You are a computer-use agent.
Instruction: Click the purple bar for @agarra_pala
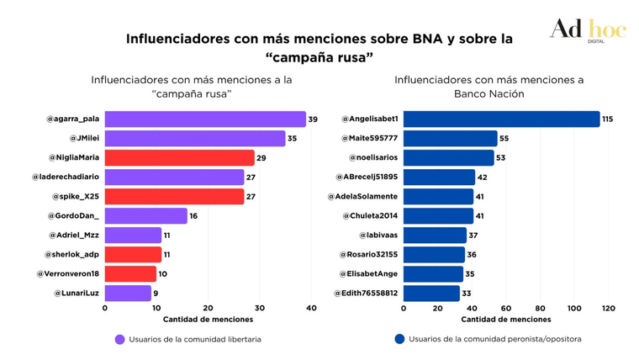click(205, 119)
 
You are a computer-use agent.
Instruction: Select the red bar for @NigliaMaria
click(179, 157)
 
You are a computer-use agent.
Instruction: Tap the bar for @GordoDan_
click(145, 216)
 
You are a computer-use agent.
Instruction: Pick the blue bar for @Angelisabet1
click(501, 119)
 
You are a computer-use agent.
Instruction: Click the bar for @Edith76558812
click(431, 294)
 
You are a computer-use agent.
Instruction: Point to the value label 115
click(607, 119)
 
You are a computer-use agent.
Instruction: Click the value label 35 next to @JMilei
click(293, 139)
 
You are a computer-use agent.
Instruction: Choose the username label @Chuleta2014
click(370, 216)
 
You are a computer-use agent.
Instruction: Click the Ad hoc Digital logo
click(588, 30)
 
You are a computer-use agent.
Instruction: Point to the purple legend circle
click(120, 340)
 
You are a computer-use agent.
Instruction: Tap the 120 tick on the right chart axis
click(609, 308)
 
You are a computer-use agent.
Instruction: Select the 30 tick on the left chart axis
click(260, 308)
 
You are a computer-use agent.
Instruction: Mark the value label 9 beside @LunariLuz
click(156, 294)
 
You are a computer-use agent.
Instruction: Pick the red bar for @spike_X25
click(174, 197)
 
